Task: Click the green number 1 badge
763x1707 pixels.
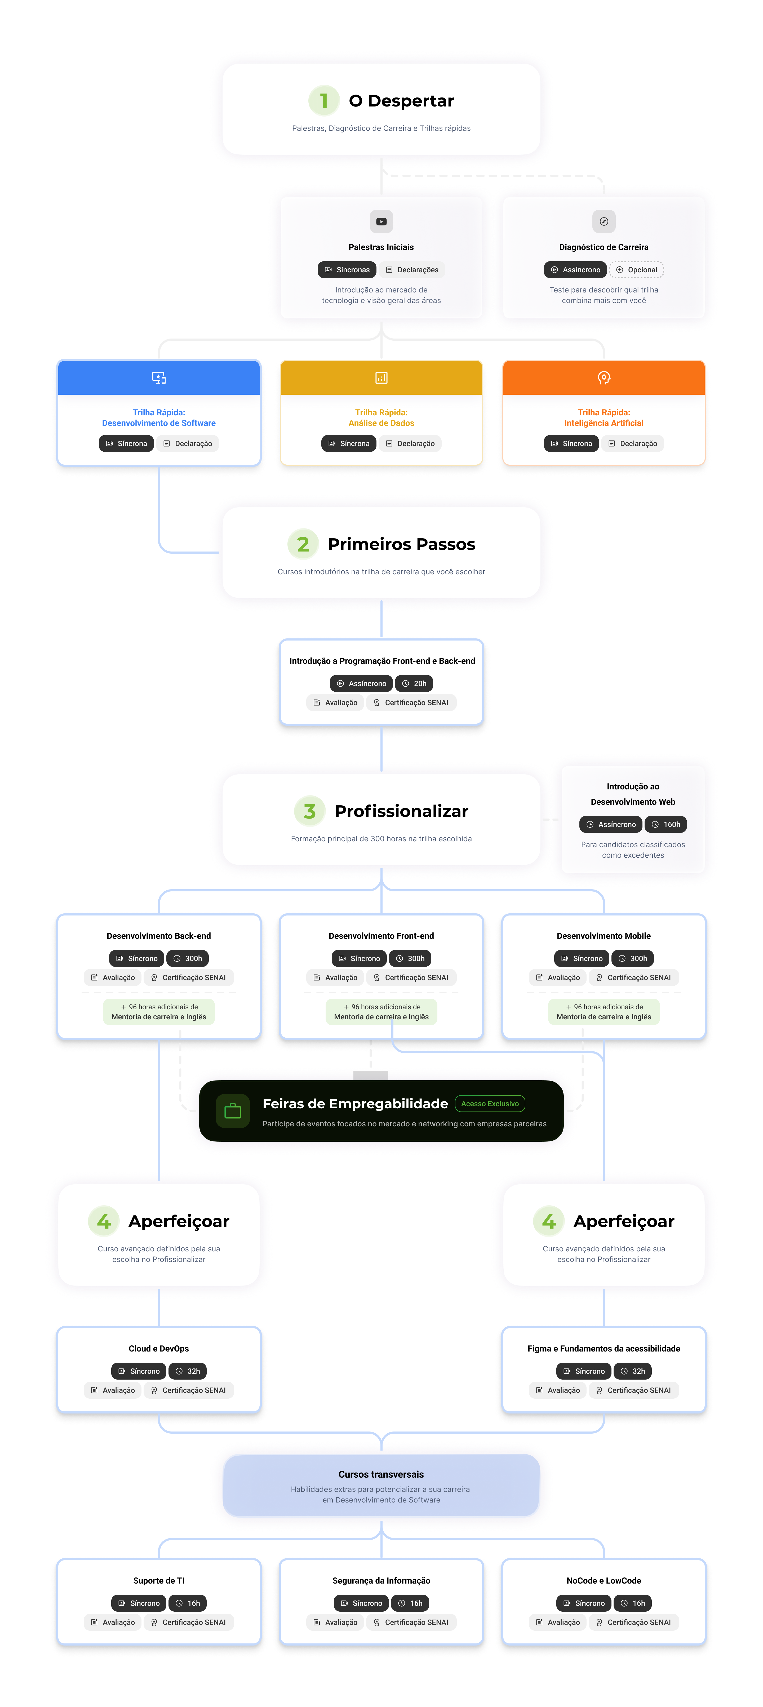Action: tap(323, 101)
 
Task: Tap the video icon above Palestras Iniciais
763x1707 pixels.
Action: tap(381, 221)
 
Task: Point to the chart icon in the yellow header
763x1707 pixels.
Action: tap(381, 378)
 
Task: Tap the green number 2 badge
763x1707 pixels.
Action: tap(303, 544)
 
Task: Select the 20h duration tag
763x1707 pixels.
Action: tap(414, 683)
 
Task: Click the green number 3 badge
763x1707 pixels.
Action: tap(310, 811)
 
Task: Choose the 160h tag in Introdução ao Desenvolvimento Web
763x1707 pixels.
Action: tap(666, 824)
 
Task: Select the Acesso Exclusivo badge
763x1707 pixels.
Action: tap(490, 1103)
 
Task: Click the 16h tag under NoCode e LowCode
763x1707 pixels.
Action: tap(633, 1603)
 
